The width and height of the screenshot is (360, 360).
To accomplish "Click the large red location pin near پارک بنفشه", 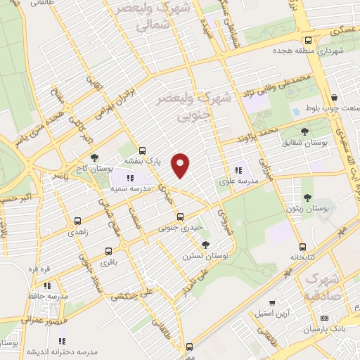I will (181, 164).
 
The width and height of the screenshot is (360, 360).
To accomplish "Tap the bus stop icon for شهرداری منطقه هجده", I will (309, 40).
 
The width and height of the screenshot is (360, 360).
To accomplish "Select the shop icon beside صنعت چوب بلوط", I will (335, 97).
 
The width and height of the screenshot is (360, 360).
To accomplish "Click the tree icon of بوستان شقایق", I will (304, 131).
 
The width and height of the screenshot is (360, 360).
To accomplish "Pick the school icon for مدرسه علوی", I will (238, 169).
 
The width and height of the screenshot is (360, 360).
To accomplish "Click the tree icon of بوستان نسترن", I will (205, 245).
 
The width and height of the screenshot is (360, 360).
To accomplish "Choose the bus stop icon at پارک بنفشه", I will (143, 150).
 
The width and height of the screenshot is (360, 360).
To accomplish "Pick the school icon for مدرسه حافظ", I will (47, 285).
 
